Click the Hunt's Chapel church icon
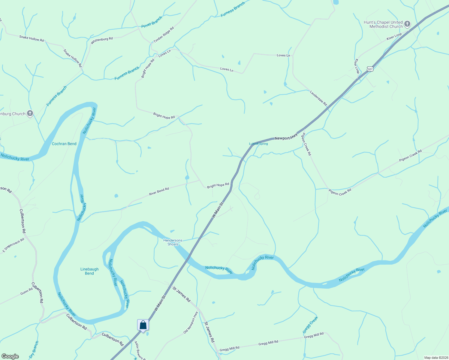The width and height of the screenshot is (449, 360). click(x=407, y=24)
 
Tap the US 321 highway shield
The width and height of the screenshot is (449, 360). click(x=370, y=69)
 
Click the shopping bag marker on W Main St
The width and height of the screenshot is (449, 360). click(x=143, y=325)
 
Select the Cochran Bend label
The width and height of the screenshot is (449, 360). click(x=64, y=144)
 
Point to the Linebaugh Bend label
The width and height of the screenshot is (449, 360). click(x=89, y=271)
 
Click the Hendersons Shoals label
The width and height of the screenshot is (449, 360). click(x=173, y=242)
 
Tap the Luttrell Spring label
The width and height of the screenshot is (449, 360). click(x=258, y=144)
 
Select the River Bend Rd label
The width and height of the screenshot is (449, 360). click(x=159, y=191)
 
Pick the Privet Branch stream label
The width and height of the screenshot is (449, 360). click(x=152, y=22)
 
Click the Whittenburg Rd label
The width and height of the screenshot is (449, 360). click(x=102, y=41)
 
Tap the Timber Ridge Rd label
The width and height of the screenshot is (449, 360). click(x=164, y=35)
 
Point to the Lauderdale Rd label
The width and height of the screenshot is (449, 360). click(x=318, y=98)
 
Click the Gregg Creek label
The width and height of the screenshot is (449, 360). click(x=310, y=325)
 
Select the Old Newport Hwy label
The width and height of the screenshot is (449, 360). click(x=191, y=323)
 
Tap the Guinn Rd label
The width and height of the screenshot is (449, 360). click(x=26, y=291)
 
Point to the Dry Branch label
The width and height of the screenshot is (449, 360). click(x=34, y=349)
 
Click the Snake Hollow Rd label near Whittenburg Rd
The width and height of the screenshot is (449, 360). click(x=72, y=58)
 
